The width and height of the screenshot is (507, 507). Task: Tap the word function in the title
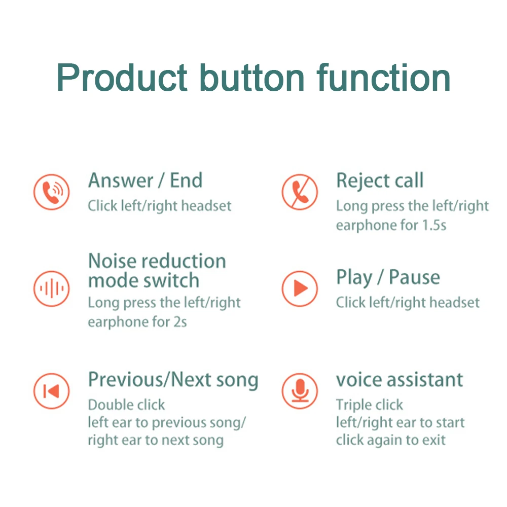pyautogui.click(x=384, y=78)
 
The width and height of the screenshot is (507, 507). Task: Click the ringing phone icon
pyautogui.click(x=51, y=192)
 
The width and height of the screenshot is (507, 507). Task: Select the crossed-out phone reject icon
pyautogui.click(x=300, y=192)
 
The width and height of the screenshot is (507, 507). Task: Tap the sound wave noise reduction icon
pyautogui.click(x=51, y=289)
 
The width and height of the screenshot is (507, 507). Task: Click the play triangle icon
pyautogui.click(x=300, y=289)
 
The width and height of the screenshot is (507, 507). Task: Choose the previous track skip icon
pyautogui.click(x=51, y=391)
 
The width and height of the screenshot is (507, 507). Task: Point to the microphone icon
pyautogui.click(x=300, y=391)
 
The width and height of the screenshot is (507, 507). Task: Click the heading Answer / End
pyautogui.click(x=145, y=180)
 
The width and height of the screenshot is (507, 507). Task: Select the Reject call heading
pyautogui.click(x=380, y=180)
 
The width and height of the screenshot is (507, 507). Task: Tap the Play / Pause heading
pyautogui.click(x=388, y=278)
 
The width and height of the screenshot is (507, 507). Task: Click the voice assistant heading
pyautogui.click(x=400, y=380)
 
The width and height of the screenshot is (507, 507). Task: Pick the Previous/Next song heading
pyautogui.click(x=173, y=380)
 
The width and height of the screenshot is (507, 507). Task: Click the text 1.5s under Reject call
pyautogui.click(x=434, y=225)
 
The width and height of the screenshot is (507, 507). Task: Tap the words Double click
pyautogui.click(x=126, y=405)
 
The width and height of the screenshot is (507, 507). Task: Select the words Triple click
pyautogui.click(x=369, y=405)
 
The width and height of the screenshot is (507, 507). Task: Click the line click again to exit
pyautogui.click(x=390, y=440)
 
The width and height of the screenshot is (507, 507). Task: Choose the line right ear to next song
pyautogui.click(x=155, y=440)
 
